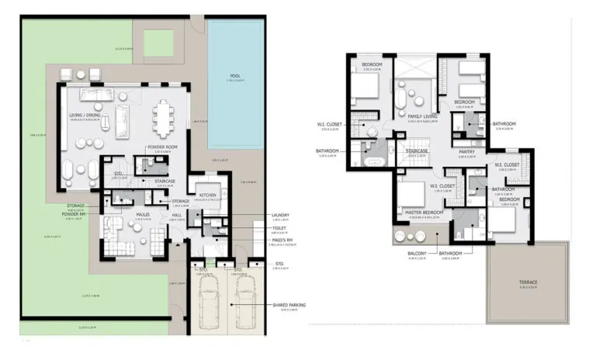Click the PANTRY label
[x=466, y=151]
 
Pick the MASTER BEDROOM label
[x=422, y=213]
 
